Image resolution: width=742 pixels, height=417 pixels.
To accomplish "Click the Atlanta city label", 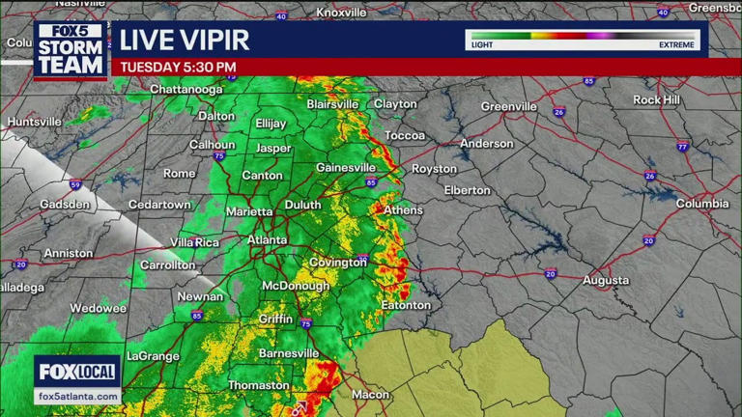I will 267,239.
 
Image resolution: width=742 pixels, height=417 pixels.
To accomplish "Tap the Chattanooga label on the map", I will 186,90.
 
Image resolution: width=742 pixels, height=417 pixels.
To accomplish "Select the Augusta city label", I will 605,281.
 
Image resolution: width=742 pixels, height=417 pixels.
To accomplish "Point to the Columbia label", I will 701,204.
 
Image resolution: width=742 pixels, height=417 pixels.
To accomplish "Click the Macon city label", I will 370,395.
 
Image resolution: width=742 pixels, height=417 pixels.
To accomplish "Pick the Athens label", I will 403,210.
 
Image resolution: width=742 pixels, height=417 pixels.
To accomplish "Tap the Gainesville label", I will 345,168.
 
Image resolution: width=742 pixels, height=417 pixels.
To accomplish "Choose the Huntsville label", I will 34,123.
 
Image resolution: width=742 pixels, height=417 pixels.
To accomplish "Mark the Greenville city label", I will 508,106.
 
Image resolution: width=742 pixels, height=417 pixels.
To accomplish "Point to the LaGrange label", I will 154,356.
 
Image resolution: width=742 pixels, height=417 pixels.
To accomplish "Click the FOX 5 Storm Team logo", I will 70,50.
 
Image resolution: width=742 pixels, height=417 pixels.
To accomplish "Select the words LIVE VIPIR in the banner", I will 184,41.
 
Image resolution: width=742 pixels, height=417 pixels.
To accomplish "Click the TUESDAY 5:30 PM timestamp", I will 178,68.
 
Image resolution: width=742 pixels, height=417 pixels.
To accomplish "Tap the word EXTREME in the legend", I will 676,45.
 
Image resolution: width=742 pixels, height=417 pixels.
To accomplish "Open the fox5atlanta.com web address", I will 77,397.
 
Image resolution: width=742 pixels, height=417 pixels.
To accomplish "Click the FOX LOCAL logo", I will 77,372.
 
